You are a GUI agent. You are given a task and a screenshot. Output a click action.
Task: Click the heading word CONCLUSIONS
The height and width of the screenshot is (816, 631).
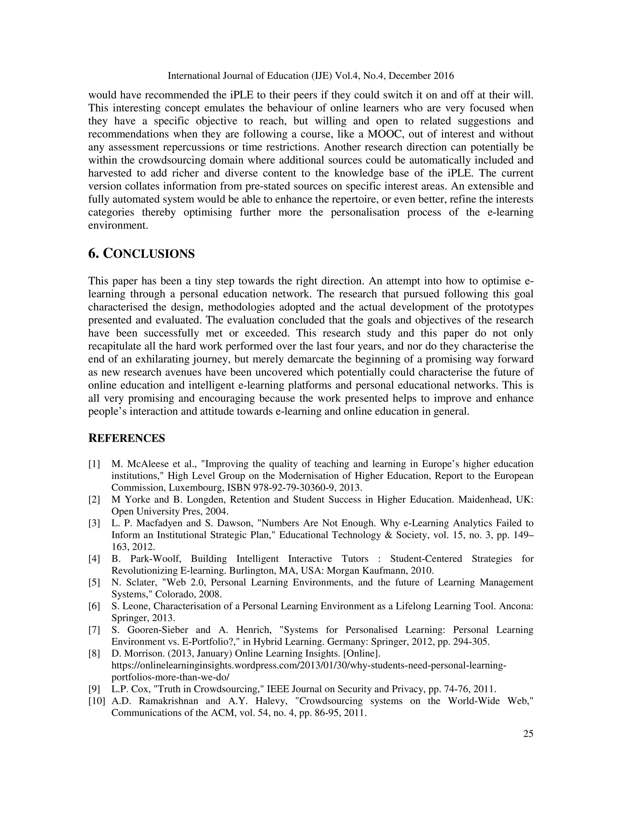click(149, 254)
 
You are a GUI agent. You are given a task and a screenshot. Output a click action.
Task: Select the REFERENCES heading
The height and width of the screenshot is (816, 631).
click(126, 438)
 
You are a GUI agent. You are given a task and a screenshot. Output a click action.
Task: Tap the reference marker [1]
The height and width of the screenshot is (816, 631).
click(94, 464)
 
